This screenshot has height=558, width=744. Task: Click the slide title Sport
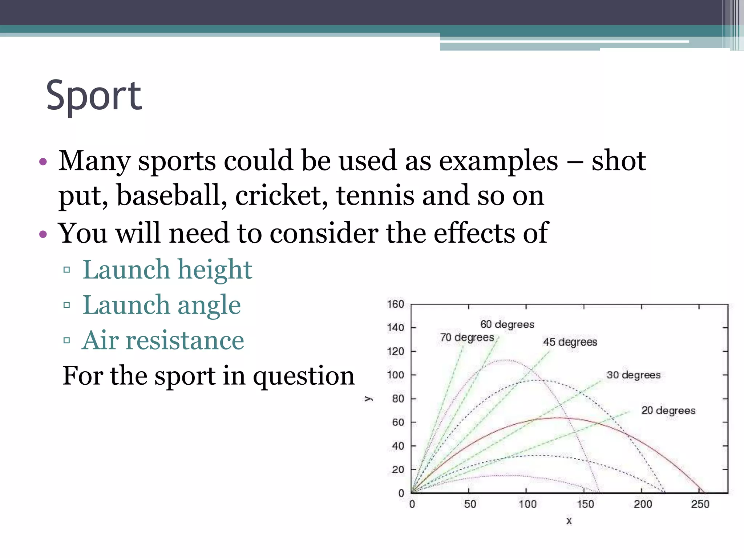[94, 96]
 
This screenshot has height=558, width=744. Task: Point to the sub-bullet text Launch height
[167, 270]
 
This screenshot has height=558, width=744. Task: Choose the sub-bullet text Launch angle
[162, 305]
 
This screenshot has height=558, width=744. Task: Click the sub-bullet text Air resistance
[163, 341]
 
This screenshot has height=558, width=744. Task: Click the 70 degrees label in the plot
[467, 337]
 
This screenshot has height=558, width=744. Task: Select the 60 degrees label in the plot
[507, 324]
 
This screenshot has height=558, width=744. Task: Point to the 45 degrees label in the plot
[570, 342]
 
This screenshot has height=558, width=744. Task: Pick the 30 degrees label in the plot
[633, 375]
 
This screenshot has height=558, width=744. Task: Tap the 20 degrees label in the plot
[668, 411]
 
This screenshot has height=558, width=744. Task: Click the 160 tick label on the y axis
[395, 304]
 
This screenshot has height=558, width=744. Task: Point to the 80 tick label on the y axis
[398, 399]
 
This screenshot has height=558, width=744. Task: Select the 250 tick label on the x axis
[700, 504]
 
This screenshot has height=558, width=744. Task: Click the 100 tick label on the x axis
[527, 504]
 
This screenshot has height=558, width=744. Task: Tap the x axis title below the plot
[569, 521]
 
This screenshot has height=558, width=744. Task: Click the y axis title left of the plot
[369, 399]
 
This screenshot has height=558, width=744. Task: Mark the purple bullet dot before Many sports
[43, 162]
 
